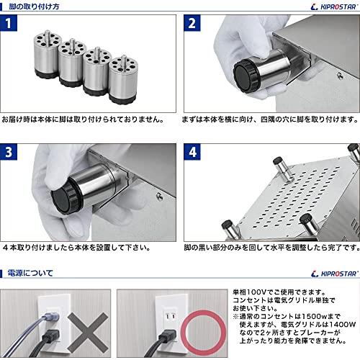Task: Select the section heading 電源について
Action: tap(29, 274)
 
